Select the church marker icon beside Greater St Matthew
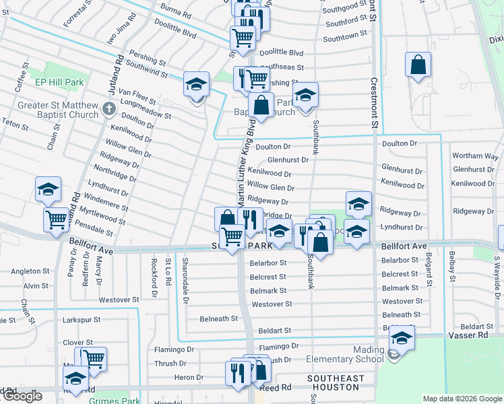[110, 108]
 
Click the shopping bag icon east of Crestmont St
[418, 65]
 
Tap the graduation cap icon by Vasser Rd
[402, 339]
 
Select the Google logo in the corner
[22, 396]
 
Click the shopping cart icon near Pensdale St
[57, 219]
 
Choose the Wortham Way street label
[475, 156]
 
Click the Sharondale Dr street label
[185, 271]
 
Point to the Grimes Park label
[114, 401]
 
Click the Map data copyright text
[462, 399]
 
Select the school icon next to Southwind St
[195, 84]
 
